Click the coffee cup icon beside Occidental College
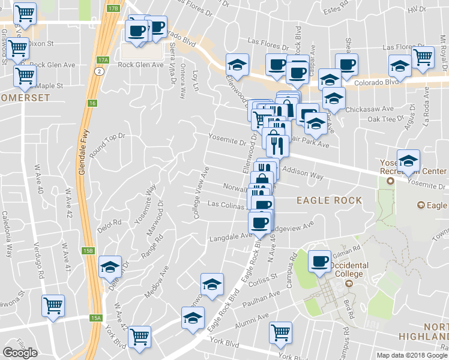(x=319, y=261)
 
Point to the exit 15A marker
(x=97, y=318)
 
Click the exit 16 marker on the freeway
(x=92, y=103)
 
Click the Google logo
(x=20, y=353)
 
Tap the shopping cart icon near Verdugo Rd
(x=53, y=305)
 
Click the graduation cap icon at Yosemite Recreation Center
(x=408, y=160)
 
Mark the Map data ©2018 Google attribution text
(x=411, y=355)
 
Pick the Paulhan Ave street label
(x=266, y=298)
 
